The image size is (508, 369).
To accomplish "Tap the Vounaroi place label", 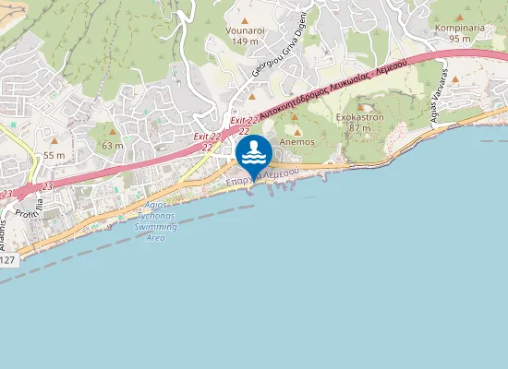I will pos(245,30).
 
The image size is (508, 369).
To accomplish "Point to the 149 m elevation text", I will pos(245,42).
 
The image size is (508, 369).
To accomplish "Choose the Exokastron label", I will pos(359,117).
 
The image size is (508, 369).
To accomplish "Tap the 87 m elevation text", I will pos(359,127).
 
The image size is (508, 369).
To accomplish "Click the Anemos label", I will pos(299,142).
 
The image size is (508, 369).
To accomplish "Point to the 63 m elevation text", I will pos(113,145).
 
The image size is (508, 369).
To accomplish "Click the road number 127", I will pos(7,260).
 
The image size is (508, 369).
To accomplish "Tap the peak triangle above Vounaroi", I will pos(245,20).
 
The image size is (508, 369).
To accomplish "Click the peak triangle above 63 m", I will pos(113,134).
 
